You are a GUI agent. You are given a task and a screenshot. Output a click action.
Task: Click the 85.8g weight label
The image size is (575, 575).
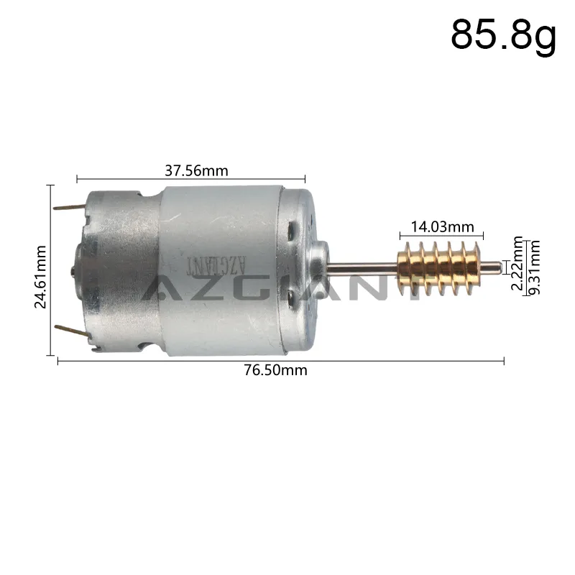point(503,34)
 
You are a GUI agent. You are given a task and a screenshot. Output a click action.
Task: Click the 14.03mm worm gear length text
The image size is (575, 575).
point(442,227)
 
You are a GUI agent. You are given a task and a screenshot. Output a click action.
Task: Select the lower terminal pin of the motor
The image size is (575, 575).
point(72,330)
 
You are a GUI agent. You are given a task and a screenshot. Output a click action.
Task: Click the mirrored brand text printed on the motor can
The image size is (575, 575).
point(215,266)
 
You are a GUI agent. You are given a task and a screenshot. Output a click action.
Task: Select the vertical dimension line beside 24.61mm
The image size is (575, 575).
point(50,270)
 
